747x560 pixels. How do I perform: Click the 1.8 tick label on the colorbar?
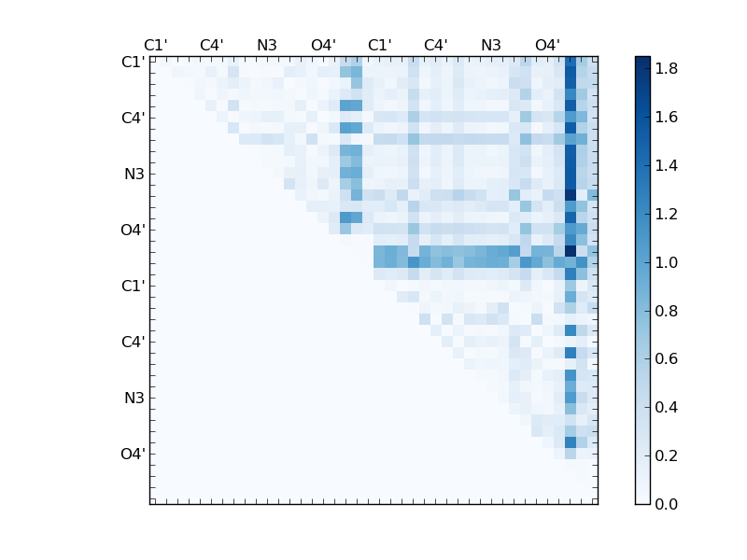pos(666,69)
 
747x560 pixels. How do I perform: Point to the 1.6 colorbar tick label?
pos(666,118)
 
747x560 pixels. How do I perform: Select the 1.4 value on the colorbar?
pos(666,166)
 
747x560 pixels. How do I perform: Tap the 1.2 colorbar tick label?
pos(666,214)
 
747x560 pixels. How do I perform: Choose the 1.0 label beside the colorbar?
pos(666,262)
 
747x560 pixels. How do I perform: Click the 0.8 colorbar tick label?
pos(666,311)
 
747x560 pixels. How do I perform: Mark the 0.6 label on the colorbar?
pos(666,359)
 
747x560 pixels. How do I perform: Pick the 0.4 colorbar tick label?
pos(666,407)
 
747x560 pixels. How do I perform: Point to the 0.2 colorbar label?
pos(666,455)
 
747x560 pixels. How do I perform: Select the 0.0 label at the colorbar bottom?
pos(666,504)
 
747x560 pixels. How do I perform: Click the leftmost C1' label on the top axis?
pos(155,45)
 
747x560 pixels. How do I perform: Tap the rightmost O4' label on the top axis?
pos(547,45)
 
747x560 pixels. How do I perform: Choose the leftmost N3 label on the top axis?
pos(267,45)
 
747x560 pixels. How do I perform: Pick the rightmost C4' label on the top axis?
pos(435,45)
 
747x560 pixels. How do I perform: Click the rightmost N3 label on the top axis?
pos(491,45)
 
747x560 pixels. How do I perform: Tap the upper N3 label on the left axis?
pos(134,175)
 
